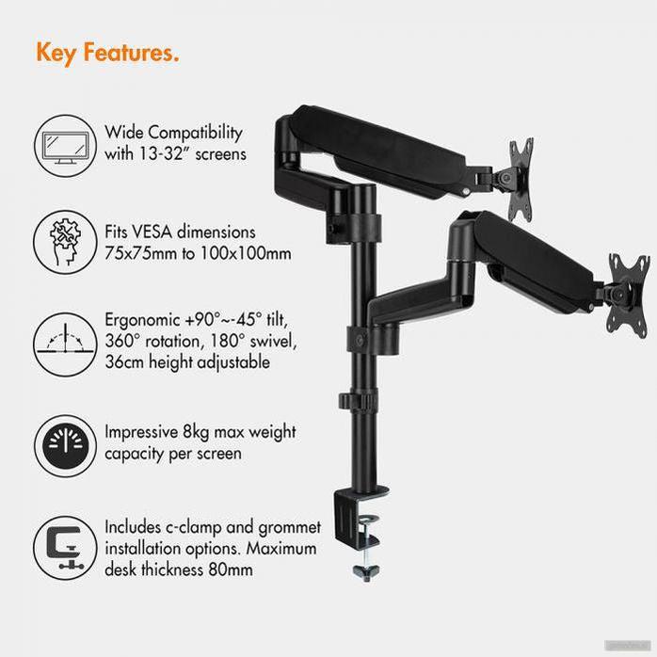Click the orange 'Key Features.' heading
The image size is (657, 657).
pyautogui.click(x=107, y=53)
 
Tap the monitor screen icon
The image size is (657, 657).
pyautogui.click(x=65, y=145)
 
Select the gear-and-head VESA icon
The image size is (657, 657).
pyautogui.click(x=65, y=243)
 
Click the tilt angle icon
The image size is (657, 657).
pyautogui.click(x=65, y=345)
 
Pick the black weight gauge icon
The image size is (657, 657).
pyautogui.click(x=65, y=446)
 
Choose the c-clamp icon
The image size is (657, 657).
pyautogui.click(x=65, y=547)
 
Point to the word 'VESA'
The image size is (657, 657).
pyautogui.click(x=152, y=232)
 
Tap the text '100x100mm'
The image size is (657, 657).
pyautogui.click(x=246, y=253)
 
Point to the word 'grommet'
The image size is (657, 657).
pyautogui.click(x=290, y=528)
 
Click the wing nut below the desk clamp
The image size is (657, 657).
pyautogui.click(x=366, y=572)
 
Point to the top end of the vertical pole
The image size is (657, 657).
pyautogui.click(x=363, y=186)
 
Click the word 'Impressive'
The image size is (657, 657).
pyautogui.click(x=141, y=432)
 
